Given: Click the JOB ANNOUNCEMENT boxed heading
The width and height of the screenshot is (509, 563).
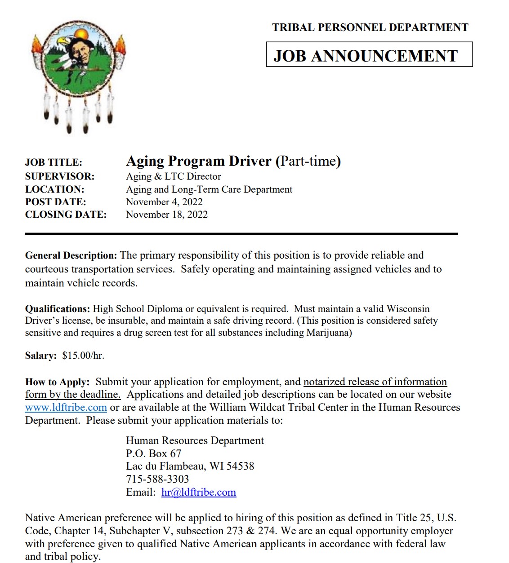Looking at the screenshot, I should click(x=369, y=55).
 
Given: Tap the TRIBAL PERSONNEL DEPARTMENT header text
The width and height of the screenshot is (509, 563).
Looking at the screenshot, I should click(x=370, y=27).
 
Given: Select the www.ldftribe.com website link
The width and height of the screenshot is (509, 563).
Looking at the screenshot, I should click(x=66, y=408).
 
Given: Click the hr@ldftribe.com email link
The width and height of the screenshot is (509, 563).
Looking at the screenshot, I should click(x=198, y=492).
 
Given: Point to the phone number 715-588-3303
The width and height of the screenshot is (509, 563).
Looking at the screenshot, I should click(x=157, y=479).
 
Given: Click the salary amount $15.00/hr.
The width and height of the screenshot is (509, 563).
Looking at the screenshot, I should click(x=83, y=356).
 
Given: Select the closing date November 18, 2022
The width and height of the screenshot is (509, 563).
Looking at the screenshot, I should click(x=167, y=215).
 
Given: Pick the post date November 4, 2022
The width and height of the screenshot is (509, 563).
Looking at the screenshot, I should click(x=164, y=202).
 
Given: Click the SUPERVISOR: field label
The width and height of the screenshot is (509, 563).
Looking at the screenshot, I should click(x=60, y=176).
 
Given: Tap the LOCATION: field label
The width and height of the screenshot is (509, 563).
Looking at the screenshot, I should click(x=55, y=189).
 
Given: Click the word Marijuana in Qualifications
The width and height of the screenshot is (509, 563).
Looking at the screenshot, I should click(x=329, y=333).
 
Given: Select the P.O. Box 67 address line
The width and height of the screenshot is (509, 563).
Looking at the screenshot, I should click(x=153, y=453).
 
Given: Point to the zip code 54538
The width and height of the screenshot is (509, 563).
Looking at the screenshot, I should click(x=241, y=466).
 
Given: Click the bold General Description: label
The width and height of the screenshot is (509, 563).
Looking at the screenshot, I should click(x=71, y=255).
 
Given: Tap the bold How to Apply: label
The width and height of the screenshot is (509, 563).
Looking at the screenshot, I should click(x=57, y=382).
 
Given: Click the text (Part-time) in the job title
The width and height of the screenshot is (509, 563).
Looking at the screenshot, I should click(x=308, y=161).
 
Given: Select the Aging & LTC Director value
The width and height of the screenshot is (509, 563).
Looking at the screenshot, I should click(x=174, y=176).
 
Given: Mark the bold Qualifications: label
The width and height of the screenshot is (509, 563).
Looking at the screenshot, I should click(x=58, y=309).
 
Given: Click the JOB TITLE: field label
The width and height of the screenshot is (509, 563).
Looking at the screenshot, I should click(x=54, y=163).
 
